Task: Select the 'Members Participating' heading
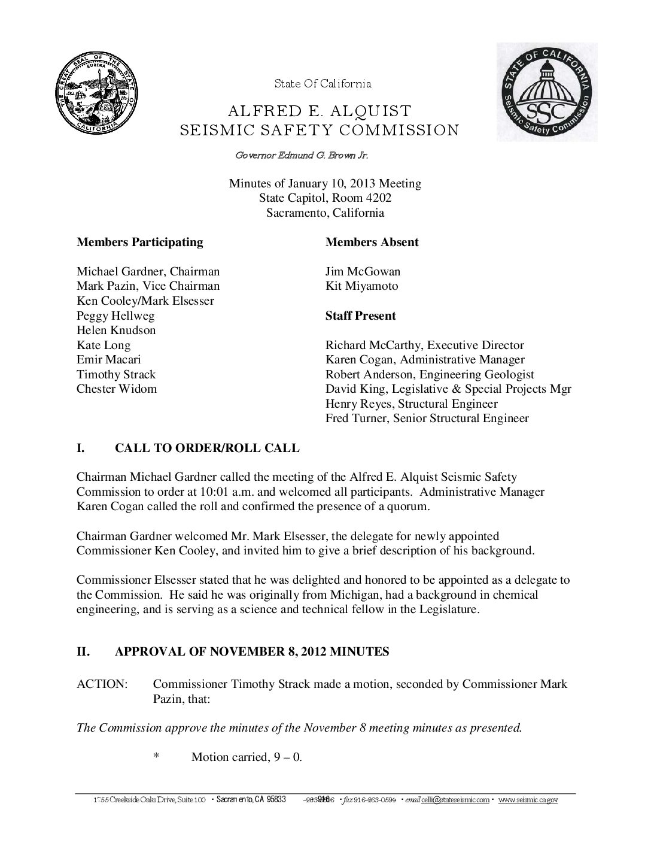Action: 139,242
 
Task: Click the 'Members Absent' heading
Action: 372,242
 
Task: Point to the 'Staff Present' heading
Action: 360,316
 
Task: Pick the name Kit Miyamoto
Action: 361,286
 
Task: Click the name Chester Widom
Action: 117,389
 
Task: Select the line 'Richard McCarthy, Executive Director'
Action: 424,345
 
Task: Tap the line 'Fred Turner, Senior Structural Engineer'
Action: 427,419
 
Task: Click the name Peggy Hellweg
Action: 115,316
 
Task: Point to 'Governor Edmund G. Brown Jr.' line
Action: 302,156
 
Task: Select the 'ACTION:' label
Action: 102,684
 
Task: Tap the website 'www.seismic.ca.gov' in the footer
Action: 528,800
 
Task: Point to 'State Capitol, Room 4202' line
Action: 325,198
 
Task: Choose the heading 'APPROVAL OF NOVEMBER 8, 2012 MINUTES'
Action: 251,652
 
